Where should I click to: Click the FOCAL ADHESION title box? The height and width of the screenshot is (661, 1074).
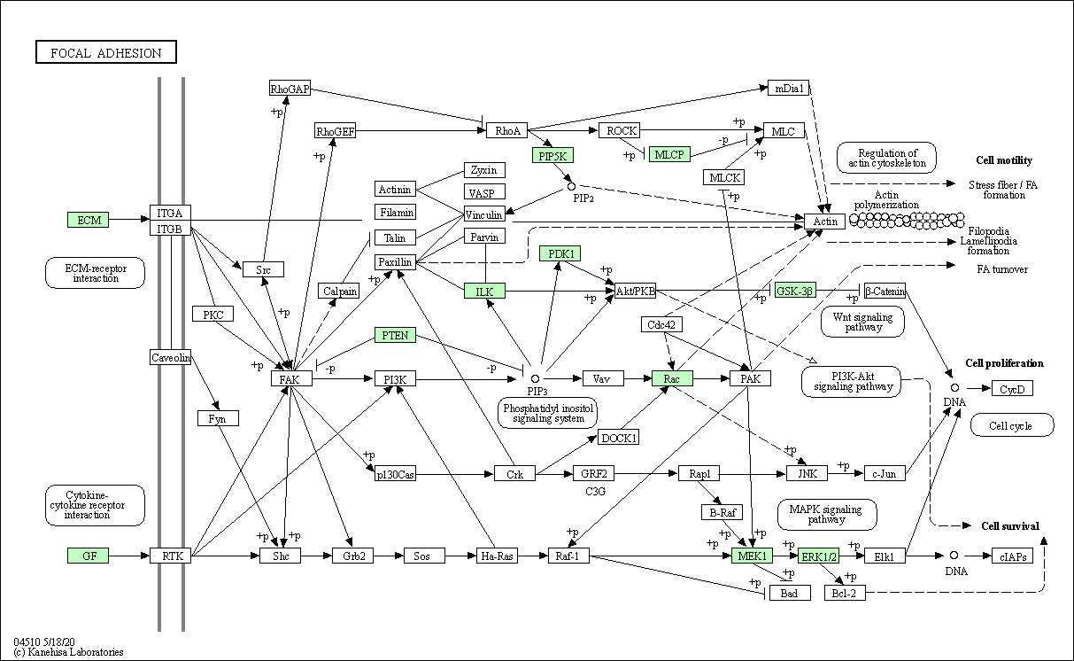tap(106, 51)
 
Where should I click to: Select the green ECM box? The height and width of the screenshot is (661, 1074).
tap(89, 220)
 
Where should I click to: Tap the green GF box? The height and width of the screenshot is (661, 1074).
tap(89, 556)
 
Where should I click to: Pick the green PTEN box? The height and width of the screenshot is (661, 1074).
tap(395, 335)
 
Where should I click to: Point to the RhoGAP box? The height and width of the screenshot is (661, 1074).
tap(290, 88)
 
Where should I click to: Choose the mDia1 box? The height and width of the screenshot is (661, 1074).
tap(788, 88)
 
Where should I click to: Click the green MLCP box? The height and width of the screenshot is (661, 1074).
tap(669, 154)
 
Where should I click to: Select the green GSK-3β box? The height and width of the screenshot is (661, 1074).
tap(795, 291)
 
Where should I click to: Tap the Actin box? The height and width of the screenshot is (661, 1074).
tap(824, 222)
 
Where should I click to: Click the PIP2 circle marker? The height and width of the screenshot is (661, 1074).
tap(571, 186)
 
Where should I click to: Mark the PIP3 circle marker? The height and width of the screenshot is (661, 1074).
tap(535, 378)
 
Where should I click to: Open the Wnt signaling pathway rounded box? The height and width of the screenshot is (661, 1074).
tap(862, 322)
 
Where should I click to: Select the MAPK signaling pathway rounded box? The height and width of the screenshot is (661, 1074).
tap(827, 514)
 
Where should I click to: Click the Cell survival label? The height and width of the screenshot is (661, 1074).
tap(1009, 525)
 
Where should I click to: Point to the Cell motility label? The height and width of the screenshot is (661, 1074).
tap(1004, 160)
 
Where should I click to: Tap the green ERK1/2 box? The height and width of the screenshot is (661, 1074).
tap(818, 556)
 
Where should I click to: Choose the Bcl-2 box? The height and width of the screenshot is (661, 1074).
tap(845, 593)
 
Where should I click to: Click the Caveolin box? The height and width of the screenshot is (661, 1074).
tap(170, 357)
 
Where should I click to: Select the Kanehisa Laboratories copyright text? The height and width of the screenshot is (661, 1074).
tap(68, 652)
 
